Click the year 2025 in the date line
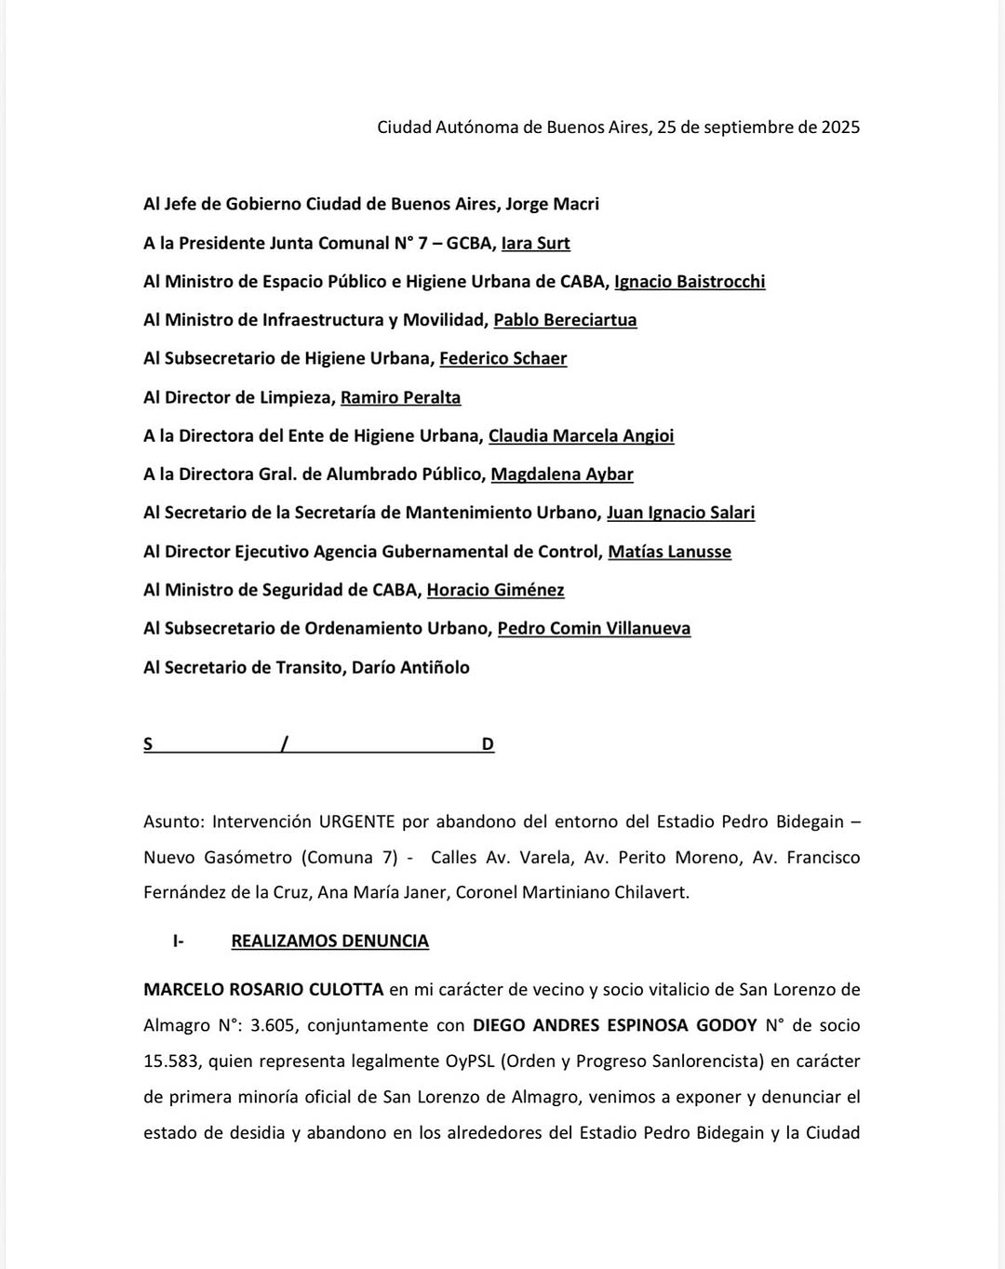(839, 127)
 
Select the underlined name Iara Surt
(535, 243)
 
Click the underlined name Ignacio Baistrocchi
(690, 281)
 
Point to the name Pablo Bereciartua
(565, 320)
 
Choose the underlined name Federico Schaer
(502, 358)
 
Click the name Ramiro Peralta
(400, 397)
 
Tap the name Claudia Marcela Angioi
(581, 435)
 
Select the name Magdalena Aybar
(562, 474)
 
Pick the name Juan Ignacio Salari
(680, 513)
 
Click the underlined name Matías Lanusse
(669, 552)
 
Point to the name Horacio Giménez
(495, 590)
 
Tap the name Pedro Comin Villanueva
(594, 629)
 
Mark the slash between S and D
(285, 743)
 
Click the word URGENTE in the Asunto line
(357, 822)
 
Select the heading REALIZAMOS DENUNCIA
(329, 941)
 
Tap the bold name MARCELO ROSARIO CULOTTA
(263, 989)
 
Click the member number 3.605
(272, 1025)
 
